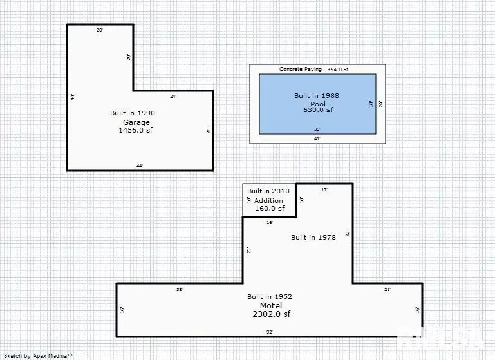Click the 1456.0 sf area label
pyautogui.click(x=136, y=130)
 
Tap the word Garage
pyautogui.click(x=136, y=122)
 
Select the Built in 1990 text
pyautogui.click(x=133, y=113)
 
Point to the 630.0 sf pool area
pyautogui.click(x=318, y=110)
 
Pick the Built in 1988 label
pyautogui.click(x=317, y=96)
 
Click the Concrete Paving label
pyautogui.click(x=300, y=69)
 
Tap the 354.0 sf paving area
pyautogui.click(x=337, y=69)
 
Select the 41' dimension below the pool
pyautogui.click(x=317, y=138)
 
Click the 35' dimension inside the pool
pyautogui.click(x=317, y=129)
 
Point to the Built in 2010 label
pyautogui.click(x=268, y=191)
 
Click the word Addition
pyautogui.click(x=268, y=200)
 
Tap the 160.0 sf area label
pyautogui.click(x=269, y=208)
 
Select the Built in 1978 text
pyautogui.click(x=313, y=237)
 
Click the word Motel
pyautogui.click(x=270, y=305)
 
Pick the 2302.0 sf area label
pyautogui.click(x=271, y=314)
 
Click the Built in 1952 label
pyautogui.click(x=270, y=296)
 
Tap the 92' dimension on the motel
pyautogui.click(x=269, y=332)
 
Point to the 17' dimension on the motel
pyautogui.click(x=324, y=189)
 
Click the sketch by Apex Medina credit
pyautogui.click(x=39, y=355)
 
